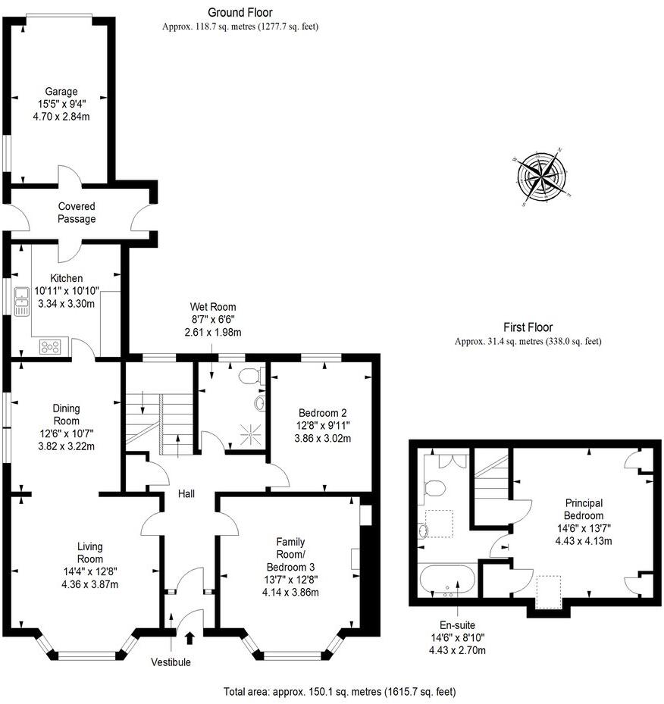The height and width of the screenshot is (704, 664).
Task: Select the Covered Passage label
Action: pyautogui.click(x=77, y=213)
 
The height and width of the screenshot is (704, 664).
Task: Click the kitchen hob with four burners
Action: pyautogui.click(x=51, y=347)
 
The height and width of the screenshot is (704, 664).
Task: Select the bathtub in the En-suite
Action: pyautogui.click(x=447, y=582)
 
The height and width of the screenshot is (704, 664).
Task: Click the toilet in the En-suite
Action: pyautogui.click(x=433, y=487)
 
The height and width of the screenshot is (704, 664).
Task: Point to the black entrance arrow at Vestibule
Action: pyautogui.click(x=189, y=639)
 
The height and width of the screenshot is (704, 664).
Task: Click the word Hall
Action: pyautogui.click(x=186, y=494)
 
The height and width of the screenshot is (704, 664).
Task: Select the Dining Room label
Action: pyautogui.click(x=67, y=415)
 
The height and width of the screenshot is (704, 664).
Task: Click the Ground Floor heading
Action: pyautogui.click(x=240, y=12)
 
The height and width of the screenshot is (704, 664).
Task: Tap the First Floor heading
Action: pyautogui.click(x=528, y=327)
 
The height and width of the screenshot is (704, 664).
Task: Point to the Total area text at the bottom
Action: pyautogui.click(x=340, y=692)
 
